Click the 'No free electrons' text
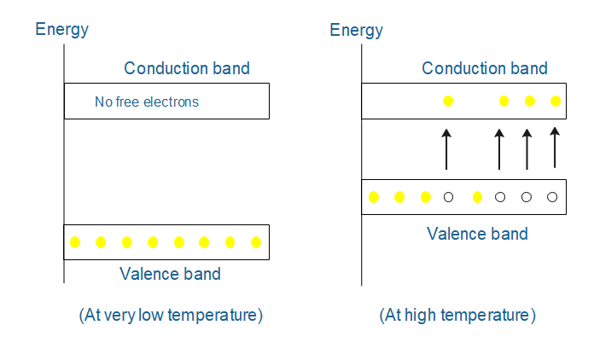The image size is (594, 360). coord(146,102)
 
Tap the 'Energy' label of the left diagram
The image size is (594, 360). coord(61,30)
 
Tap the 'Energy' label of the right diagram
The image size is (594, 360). coord(356,30)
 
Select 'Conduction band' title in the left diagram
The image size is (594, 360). coord(187,68)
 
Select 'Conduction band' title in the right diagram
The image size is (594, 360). coord(485,68)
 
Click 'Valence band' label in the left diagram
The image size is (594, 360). coord(170,274)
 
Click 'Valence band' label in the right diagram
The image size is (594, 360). coord(477,233)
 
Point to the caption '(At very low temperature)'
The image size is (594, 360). coord(171,315)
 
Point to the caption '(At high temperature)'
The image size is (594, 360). coord(457,315)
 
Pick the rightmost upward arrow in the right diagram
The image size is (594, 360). coord(555,147)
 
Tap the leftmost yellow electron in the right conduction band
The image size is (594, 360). coord(448,102)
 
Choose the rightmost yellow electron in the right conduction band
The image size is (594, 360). coord(556,102)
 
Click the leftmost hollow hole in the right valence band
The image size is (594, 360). coord(448,198)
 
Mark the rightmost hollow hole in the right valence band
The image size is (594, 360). coord(552,198)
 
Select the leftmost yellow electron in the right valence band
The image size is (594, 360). coord(373,198)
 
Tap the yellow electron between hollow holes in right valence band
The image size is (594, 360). coord(477,198)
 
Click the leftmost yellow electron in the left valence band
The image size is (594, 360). coord(75,242)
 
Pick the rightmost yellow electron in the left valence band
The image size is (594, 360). coord(256,242)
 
